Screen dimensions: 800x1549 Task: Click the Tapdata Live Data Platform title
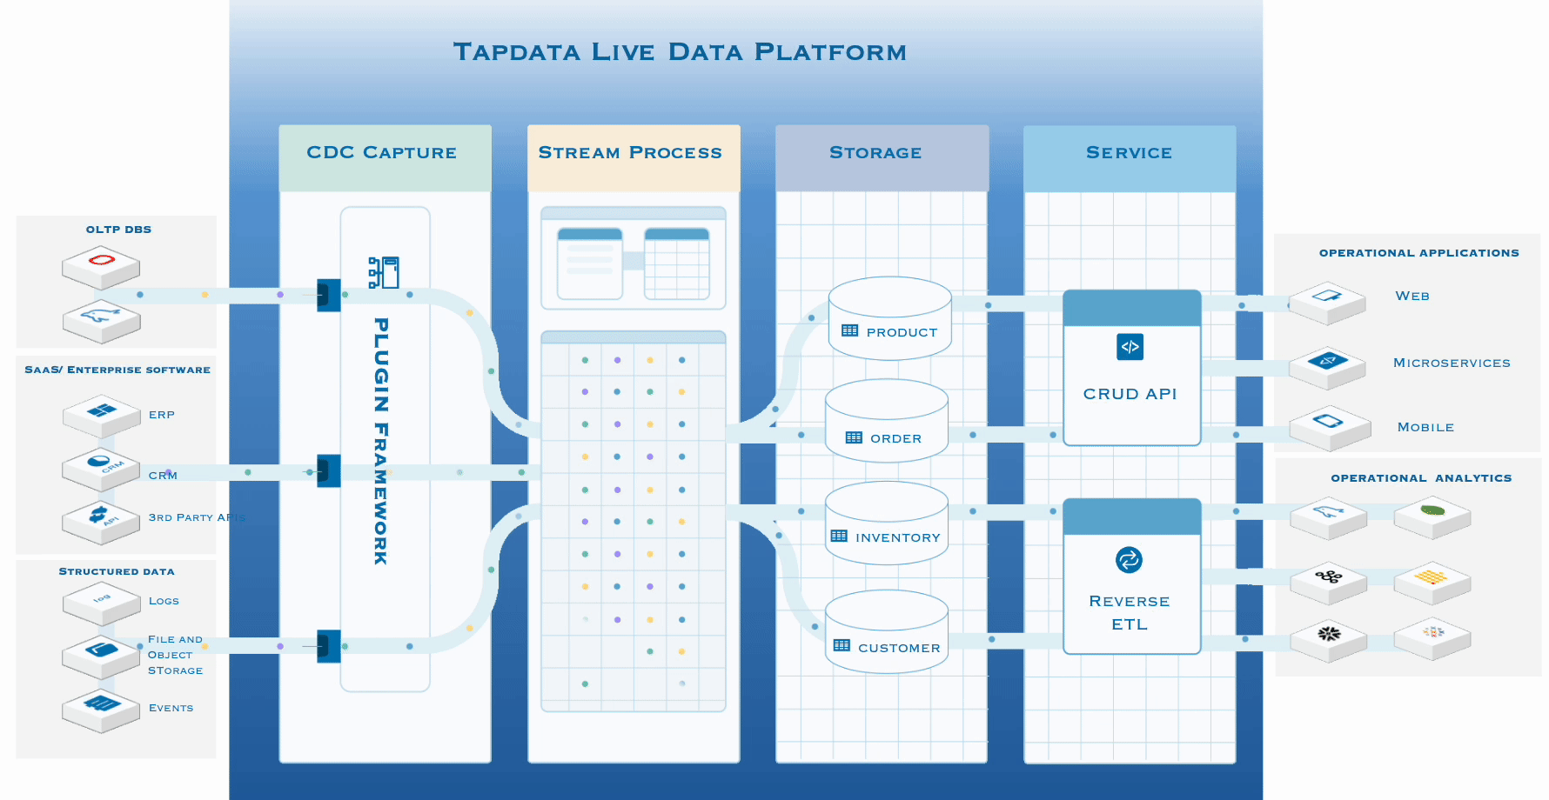(x=680, y=52)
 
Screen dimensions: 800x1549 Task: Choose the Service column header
(x=1129, y=153)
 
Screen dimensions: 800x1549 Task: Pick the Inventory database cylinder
(x=886, y=524)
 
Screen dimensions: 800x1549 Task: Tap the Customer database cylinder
(x=886, y=633)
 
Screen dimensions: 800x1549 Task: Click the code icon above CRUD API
(x=1130, y=347)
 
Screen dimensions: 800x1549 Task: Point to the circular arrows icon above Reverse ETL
(x=1129, y=560)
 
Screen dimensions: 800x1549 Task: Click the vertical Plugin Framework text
(x=381, y=441)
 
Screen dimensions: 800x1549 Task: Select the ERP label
(x=162, y=415)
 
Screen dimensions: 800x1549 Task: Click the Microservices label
(x=1452, y=363)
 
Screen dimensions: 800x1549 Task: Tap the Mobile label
(x=1425, y=427)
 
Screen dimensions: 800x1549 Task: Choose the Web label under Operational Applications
(x=1412, y=296)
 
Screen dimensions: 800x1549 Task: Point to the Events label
(x=171, y=708)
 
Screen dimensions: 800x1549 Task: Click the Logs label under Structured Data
(x=164, y=601)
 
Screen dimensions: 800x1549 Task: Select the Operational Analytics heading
(x=1421, y=478)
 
